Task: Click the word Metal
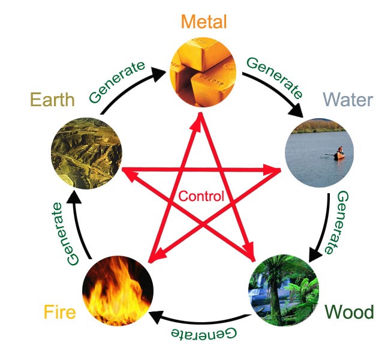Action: pyautogui.click(x=204, y=23)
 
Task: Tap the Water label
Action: pyautogui.click(x=348, y=100)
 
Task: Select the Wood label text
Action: pyautogui.click(x=348, y=312)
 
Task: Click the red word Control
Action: pyautogui.click(x=201, y=196)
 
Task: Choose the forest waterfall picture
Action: pyautogui.click(x=283, y=291)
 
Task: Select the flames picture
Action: pyautogui.click(x=118, y=292)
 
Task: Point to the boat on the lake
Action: pyautogui.click(x=339, y=154)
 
